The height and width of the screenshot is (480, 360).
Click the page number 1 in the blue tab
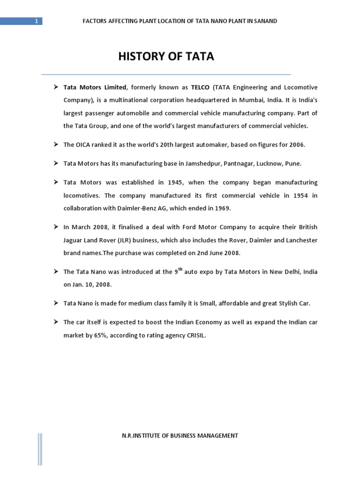tap(36, 21)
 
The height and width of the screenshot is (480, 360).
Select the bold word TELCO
tap(200, 88)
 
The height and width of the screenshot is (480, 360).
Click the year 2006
tap(296, 145)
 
